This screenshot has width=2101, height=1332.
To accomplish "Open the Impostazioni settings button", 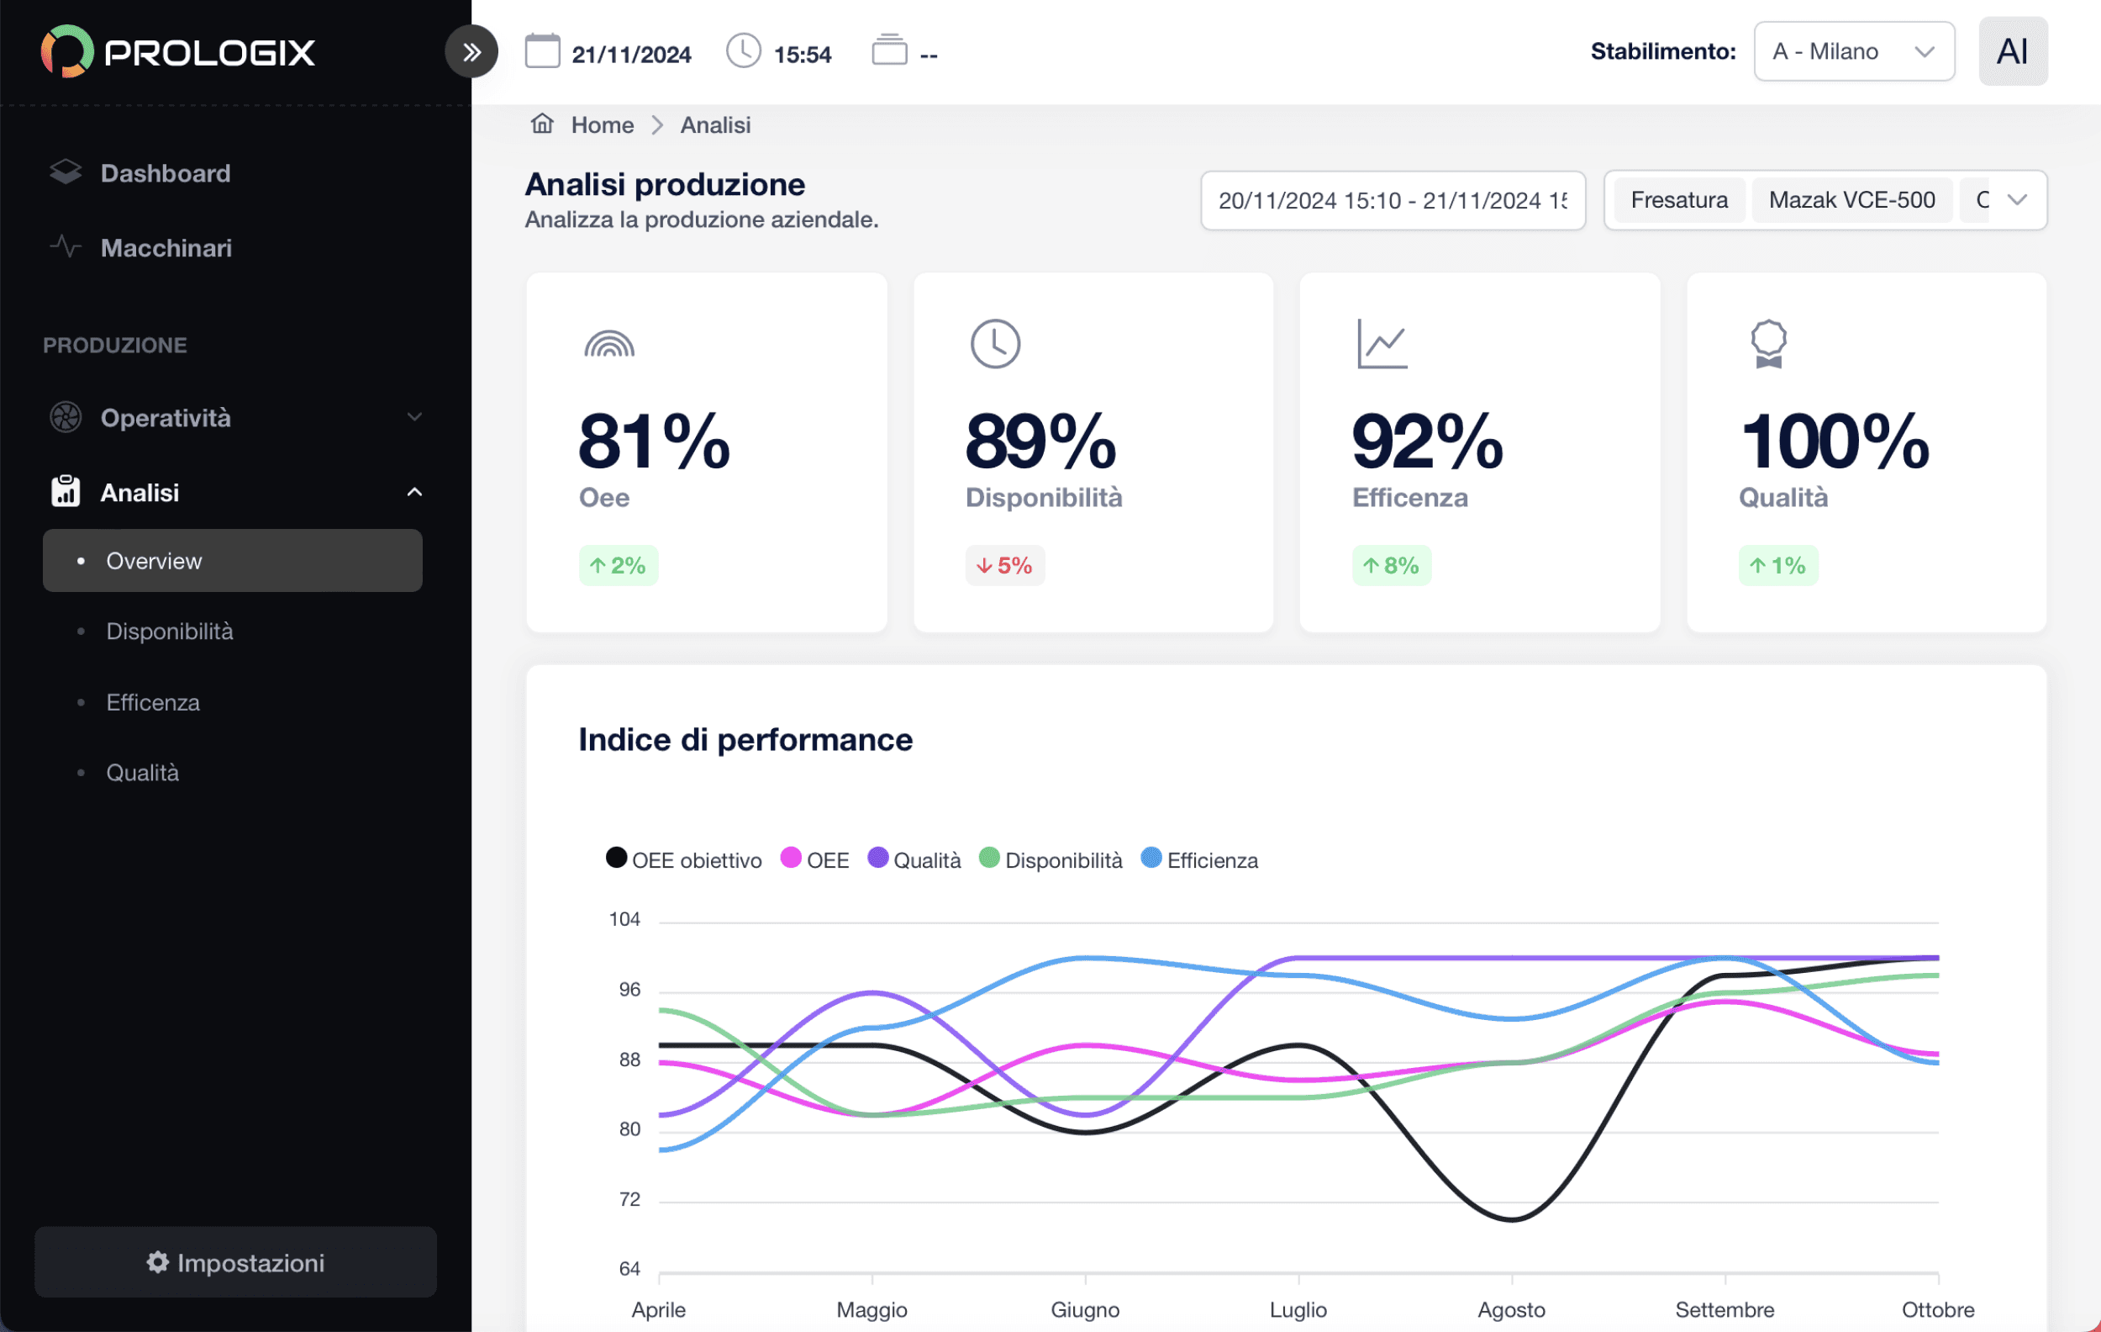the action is coord(235,1262).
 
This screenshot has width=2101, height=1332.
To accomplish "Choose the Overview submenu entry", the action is coord(232,560).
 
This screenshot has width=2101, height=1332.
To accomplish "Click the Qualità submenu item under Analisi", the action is coord(142,773).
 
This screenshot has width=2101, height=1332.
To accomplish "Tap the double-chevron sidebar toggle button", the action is coord(471,52).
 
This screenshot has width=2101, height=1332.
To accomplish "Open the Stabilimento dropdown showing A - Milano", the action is coord(1854,51).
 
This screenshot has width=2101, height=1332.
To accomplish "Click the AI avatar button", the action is coord(2013,51).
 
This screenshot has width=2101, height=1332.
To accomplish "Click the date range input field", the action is coord(1393,201).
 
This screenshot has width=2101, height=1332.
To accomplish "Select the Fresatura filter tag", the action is coord(1679,200).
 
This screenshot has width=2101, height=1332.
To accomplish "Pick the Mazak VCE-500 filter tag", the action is coord(1851,200).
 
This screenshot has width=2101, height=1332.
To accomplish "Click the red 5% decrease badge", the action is coord(1004,566).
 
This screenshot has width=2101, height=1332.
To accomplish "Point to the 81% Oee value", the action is coord(655,441).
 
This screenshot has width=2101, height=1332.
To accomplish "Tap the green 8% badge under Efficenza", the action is coord(1391,566).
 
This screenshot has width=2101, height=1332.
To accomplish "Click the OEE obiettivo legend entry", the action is coord(684,859).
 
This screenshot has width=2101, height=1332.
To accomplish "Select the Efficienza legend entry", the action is coord(1200,859).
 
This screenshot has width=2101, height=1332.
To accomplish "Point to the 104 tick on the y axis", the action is coord(624,919).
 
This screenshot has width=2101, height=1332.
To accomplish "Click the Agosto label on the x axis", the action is coord(1511,1309).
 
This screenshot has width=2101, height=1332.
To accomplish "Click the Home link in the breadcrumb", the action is coord(602,124).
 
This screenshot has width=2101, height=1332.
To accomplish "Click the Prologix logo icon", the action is coord(67,51).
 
